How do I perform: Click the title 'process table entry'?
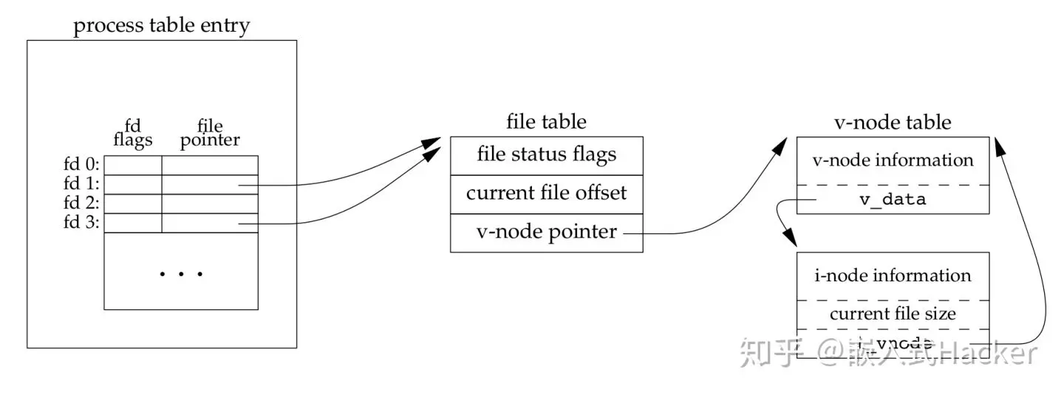coord(162,27)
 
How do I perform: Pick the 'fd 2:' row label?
coord(83,203)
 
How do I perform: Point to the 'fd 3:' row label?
coord(83,222)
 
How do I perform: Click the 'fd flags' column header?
coord(133,133)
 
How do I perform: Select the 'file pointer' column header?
coord(210,133)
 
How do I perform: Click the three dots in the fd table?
coord(181,275)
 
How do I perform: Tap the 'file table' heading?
coord(547,122)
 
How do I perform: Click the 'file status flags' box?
coord(547,155)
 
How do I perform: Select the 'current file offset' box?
coord(547,193)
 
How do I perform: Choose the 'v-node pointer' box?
coord(547,232)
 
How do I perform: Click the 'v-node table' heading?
coord(892,122)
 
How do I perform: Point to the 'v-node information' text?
coord(893,160)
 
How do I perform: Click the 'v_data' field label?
coord(893,200)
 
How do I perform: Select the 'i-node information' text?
coord(893,276)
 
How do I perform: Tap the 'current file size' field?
coord(893,314)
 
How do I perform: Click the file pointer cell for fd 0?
coord(210,165)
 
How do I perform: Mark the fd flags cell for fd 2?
coord(133,203)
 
